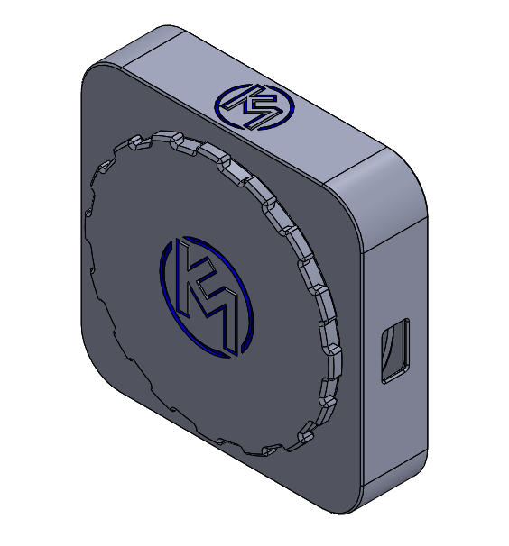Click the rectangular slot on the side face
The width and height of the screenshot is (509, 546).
tap(394, 352)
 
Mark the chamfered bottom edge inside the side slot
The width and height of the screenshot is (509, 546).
tap(394, 376)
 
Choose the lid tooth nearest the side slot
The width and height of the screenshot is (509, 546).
tap(330, 352)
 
